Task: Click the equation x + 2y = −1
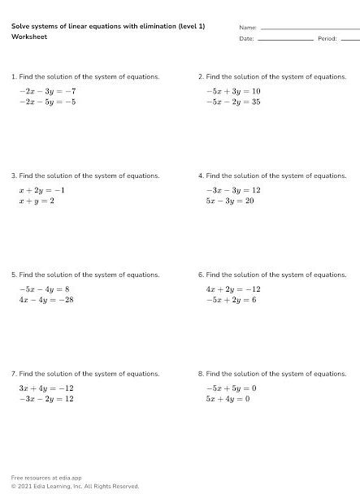tap(41, 190)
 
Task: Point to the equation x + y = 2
tap(37, 201)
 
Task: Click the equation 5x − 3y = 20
tap(230, 201)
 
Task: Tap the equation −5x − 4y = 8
tap(45, 289)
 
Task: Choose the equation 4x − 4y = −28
tap(46, 300)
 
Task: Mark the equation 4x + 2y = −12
tap(232, 289)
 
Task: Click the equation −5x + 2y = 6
tap(231, 300)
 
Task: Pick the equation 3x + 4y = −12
tap(46, 388)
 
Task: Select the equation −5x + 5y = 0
tap(231, 388)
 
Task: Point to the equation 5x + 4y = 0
tap(228, 399)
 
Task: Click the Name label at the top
tap(248, 28)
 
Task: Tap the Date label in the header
tap(247, 38)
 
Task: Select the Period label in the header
tap(327, 38)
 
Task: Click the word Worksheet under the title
tap(28, 37)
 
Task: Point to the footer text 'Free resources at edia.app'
tap(46, 477)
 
